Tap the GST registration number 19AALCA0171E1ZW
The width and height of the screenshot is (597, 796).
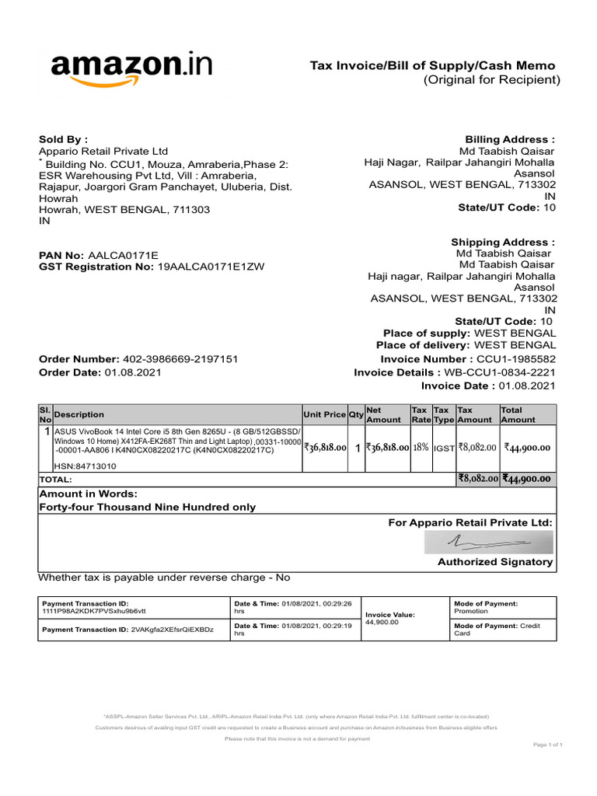(x=211, y=267)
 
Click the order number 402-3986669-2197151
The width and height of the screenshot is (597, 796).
(x=180, y=359)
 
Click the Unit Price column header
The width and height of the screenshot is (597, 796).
(x=324, y=415)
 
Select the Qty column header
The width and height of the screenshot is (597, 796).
(x=356, y=415)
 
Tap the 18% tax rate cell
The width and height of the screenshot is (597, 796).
(x=421, y=448)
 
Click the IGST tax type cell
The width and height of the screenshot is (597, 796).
(x=443, y=449)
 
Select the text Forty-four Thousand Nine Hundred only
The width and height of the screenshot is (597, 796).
(x=147, y=507)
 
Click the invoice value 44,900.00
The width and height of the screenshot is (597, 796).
(x=382, y=622)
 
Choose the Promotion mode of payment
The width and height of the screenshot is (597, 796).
(x=470, y=611)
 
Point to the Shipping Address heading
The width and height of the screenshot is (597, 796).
(x=503, y=242)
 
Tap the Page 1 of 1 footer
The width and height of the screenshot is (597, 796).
(x=547, y=745)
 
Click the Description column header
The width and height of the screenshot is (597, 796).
(x=79, y=415)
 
